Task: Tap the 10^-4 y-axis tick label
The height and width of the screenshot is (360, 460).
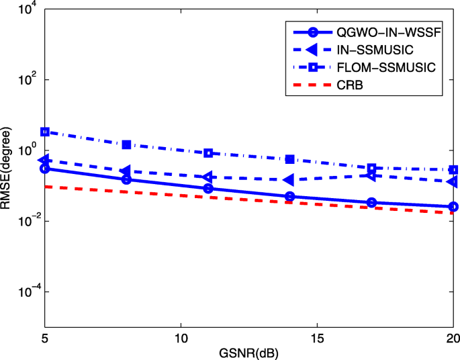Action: [x=24, y=291]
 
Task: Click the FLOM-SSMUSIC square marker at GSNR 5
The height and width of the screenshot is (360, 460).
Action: [x=45, y=132]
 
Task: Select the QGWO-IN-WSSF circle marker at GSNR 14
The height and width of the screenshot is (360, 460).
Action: [x=290, y=196]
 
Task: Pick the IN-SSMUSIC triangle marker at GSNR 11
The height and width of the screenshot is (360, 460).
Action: [x=208, y=177]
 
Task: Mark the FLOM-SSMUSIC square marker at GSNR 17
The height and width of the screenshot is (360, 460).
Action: [x=372, y=168]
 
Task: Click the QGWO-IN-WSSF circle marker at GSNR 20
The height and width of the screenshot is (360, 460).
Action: [x=453, y=207]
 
